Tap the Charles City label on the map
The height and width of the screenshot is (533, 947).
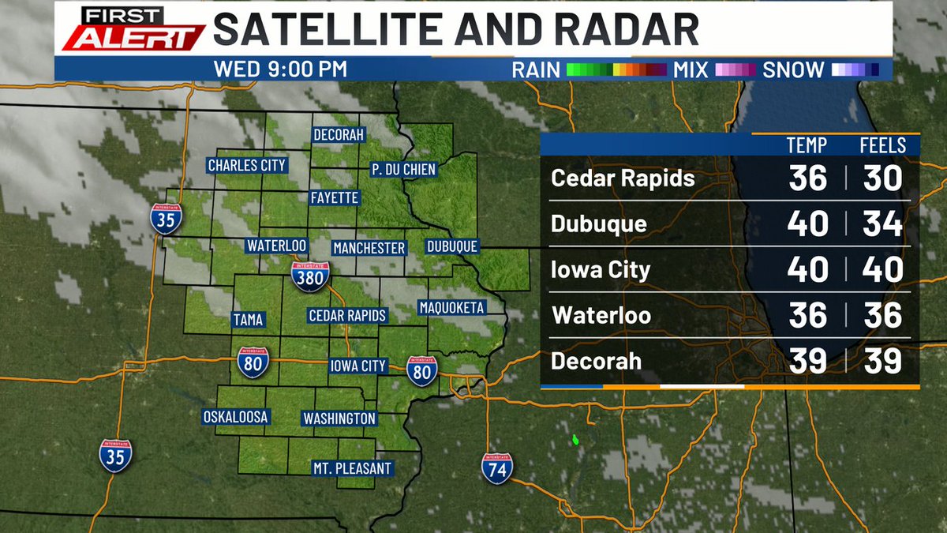[246, 165]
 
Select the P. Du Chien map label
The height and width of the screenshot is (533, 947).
[403, 170]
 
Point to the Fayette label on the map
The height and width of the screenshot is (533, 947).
[335, 197]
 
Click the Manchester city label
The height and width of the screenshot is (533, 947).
[369, 248]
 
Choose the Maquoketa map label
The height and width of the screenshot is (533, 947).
[451, 307]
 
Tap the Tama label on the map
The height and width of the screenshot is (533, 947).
[248, 320]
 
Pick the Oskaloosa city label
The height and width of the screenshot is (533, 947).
[236, 416]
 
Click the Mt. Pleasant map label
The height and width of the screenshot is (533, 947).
[352, 468]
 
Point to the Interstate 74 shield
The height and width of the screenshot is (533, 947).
[497, 467]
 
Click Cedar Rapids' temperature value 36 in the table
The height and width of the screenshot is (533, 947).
[807, 178]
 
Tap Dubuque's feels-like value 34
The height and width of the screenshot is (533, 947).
[881, 224]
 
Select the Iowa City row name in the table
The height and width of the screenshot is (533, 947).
[601, 270]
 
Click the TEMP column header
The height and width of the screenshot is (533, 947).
[807, 145]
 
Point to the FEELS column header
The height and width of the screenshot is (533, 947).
[882, 145]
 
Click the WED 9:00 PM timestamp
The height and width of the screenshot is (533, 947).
[280, 69]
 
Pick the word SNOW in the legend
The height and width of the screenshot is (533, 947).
[793, 69]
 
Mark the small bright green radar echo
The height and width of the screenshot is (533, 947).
[575, 437]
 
